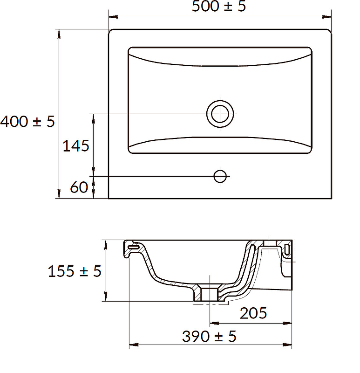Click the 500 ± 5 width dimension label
tap(218, 6)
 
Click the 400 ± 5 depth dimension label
tap(27, 121)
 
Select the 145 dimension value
tap(76, 145)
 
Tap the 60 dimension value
tap(79, 187)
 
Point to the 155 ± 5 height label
tap(75, 271)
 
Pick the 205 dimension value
tap(253, 313)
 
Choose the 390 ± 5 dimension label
tap(209, 336)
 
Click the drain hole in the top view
tap(220, 114)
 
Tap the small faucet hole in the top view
tap(220, 177)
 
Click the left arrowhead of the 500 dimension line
tap(113, 17)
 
